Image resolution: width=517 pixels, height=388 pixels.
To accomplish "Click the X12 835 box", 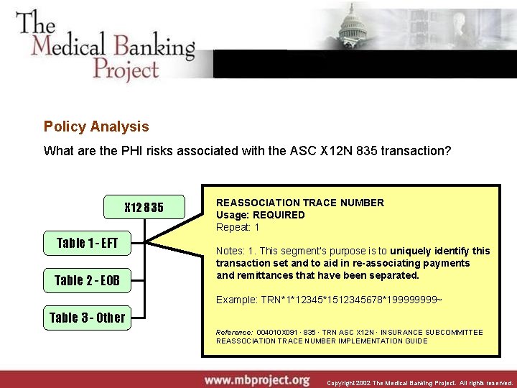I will click(x=144, y=208).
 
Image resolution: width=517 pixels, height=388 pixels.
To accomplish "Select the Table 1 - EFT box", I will click(x=87, y=243).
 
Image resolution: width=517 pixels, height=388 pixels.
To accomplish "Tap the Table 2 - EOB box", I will click(x=87, y=280).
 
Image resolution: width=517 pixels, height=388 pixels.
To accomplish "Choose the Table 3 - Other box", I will click(x=87, y=318).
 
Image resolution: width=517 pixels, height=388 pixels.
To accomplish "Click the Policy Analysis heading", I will click(x=96, y=126).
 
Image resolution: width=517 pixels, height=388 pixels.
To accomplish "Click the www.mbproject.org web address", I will click(x=256, y=379).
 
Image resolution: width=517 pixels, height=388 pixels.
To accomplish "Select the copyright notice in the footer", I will click(x=420, y=383).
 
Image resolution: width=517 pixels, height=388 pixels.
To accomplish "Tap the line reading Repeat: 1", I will click(x=238, y=227).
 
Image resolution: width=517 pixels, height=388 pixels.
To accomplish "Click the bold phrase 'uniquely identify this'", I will click(x=440, y=251).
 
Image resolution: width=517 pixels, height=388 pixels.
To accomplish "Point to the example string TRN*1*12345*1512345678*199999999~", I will click(x=329, y=299).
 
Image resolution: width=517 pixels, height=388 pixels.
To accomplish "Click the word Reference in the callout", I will click(x=234, y=332).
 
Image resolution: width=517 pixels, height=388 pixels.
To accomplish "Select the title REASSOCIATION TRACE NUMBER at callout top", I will click(x=300, y=203).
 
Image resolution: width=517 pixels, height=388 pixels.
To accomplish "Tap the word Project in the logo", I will click(x=125, y=70).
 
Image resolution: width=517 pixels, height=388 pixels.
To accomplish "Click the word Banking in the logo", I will click(x=154, y=47).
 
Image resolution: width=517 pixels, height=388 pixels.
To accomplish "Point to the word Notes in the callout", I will click(x=230, y=251).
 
